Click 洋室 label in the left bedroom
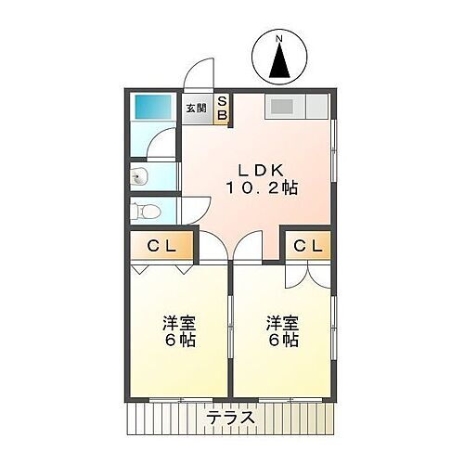(180, 323)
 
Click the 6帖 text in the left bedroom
(180, 341)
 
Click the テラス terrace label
(231, 418)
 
